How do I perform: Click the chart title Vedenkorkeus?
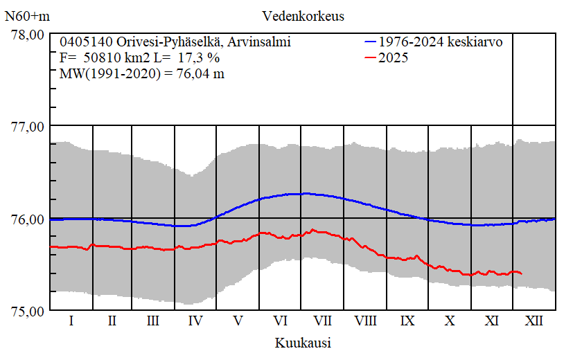pyautogui.click(x=303, y=15)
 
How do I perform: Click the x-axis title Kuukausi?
pyautogui.click(x=303, y=342)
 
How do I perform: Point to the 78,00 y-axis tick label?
pyautogui.click(x=28, y=35)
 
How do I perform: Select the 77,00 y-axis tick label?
pyautogui.click(x=28, y=127)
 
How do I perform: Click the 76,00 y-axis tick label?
pyautogui.click(x=28, y=219)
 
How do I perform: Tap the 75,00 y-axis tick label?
pyautogui.click(x=28, y=311)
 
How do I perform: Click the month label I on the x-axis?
pyautogui.click(x=71, y=321)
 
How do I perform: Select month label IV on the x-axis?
pyautogui.click(x=196, y=321)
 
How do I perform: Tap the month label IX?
pyautogui.click(x=407, y=321)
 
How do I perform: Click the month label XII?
pyautogui.click(x=534, y=321)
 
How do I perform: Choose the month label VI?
pyautogui.click(x=281, y=321)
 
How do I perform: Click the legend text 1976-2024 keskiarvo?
pyautogui.click(x=441, y=42)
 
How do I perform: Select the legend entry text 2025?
pyautogui.click(x=394, y=58)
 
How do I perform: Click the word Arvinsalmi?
pyautogui.click(x=260, y=42)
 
